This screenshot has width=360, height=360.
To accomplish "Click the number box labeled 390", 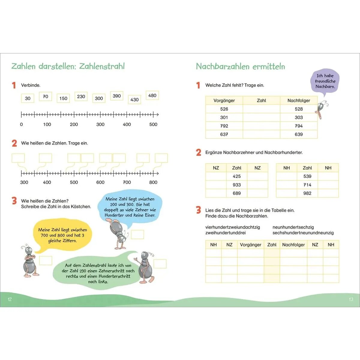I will tap(117, 96).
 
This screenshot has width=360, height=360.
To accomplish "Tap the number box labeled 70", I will tap(46, 97).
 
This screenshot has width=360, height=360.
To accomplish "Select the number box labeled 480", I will tap(152, 95).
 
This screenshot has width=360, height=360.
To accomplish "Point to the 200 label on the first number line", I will tap(74, 124).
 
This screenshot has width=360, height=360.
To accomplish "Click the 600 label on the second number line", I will tap(100, 182).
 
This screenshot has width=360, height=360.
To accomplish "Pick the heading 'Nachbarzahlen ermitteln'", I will tap(240, 66).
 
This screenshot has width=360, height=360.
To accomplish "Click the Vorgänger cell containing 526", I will tap(224, 109).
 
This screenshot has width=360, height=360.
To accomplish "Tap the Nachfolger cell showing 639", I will tap(298, 134).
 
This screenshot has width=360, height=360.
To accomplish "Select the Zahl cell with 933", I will tap(237, 185).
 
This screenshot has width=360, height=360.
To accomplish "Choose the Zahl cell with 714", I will tap(307, 185).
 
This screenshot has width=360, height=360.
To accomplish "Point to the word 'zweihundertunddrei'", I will tap(225, 233).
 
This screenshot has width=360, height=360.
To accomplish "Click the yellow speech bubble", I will tap(63, 235).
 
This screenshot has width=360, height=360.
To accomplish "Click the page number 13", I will tap(351, 299).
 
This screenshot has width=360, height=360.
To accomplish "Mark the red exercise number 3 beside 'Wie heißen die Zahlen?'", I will tap(14, 201).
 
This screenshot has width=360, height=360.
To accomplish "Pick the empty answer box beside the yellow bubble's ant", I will tap(46, 260).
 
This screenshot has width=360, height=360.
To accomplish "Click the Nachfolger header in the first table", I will tap(298, 100).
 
